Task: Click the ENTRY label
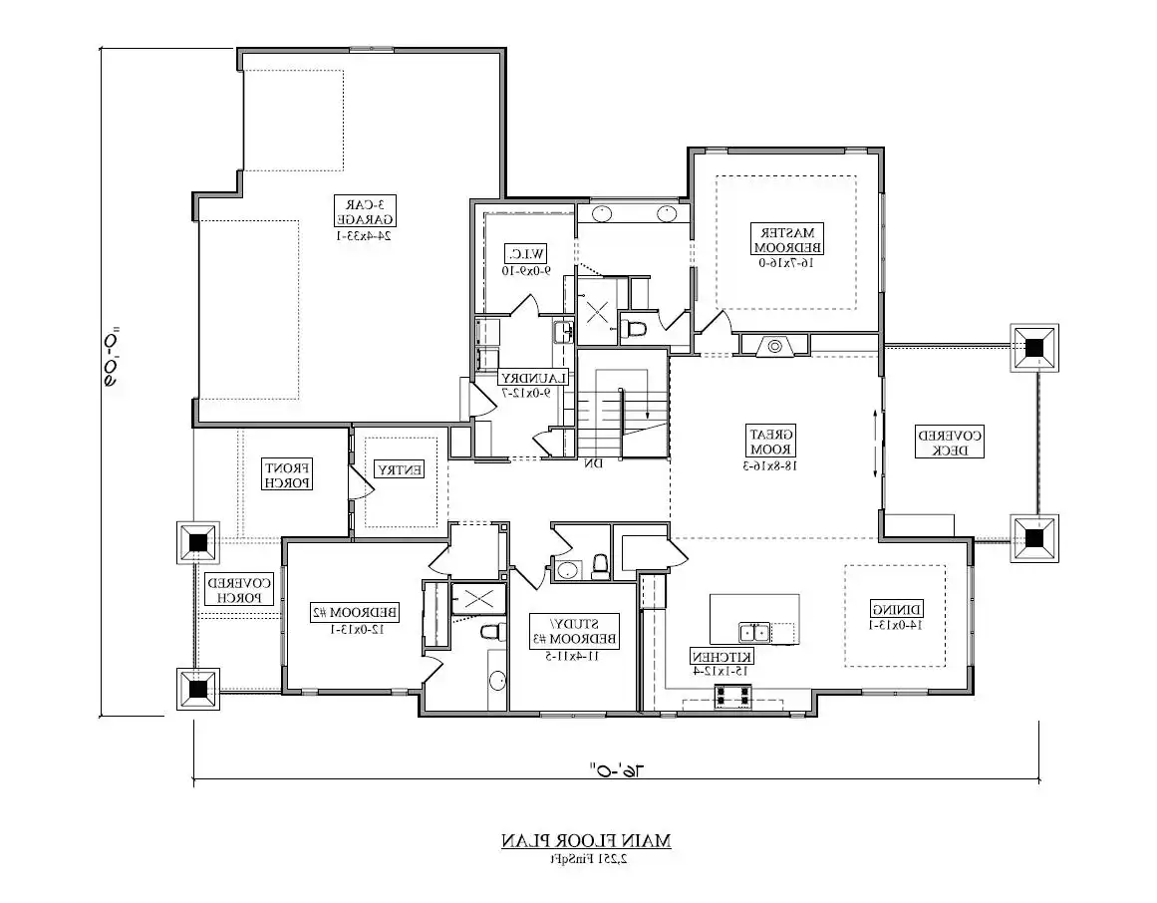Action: (399, 468)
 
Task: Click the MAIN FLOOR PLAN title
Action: (586, 841)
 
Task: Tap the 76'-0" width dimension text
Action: (616, 770)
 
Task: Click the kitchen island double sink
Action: (753, 632)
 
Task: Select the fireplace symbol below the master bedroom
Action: (774, 346)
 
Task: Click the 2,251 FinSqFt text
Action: (586, 858)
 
